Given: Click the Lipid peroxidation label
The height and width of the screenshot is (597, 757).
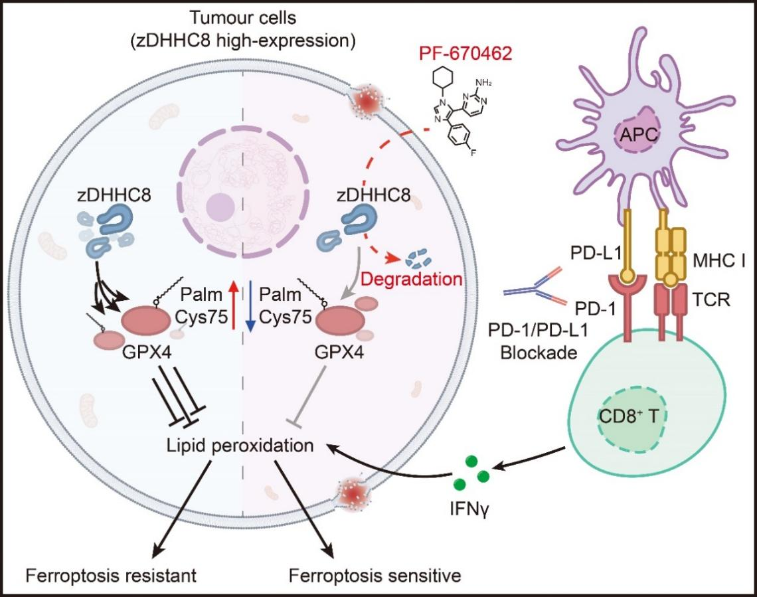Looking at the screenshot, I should click(x=241, y=446).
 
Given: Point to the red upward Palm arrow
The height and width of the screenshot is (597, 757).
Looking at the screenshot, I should click(x=232, y=305).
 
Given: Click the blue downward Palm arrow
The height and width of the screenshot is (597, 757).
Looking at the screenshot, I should click(x=249, y=305).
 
